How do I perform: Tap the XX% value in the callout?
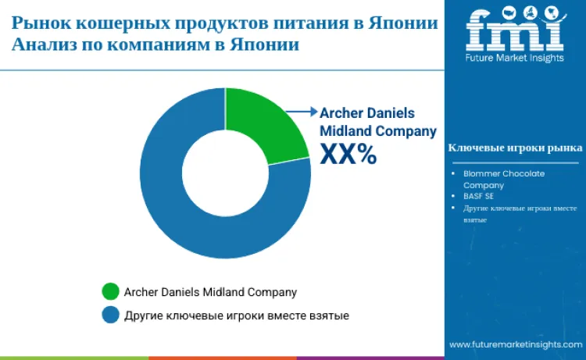click(348, 155)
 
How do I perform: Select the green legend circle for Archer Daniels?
click(110, 292)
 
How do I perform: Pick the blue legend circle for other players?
click(110, 315)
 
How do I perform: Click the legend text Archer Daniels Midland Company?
click(210, 292)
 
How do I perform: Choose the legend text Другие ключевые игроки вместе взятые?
click(236, 315)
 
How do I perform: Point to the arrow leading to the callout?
click(298, 112)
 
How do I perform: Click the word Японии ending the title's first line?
click(403, 21)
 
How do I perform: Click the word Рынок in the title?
click(40, 21)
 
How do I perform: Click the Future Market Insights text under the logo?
click(514, 59)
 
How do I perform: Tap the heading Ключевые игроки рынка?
click(514, 148)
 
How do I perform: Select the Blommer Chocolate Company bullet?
click(503, 179)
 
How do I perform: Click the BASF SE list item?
click(478, 196)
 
